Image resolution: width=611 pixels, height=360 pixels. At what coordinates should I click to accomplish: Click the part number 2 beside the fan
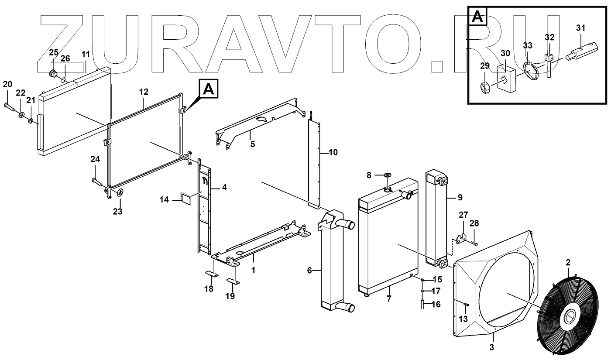pos(568,263)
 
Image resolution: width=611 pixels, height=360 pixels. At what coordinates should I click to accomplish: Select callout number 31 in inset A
pos(580,28)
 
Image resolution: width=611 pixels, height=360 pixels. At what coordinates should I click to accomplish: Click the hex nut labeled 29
pos(485,88)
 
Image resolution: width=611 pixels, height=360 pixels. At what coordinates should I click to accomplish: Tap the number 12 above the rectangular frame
pos(144,92)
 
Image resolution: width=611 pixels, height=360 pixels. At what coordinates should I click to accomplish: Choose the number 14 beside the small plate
pos(164,200)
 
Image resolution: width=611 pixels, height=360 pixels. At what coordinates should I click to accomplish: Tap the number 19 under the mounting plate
pos(230,296)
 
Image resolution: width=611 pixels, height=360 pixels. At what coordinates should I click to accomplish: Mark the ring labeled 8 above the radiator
pos(388,175)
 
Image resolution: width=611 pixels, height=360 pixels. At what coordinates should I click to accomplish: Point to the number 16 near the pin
pos(436,305)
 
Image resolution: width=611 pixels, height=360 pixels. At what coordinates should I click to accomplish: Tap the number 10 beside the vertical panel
pos(333,152)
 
